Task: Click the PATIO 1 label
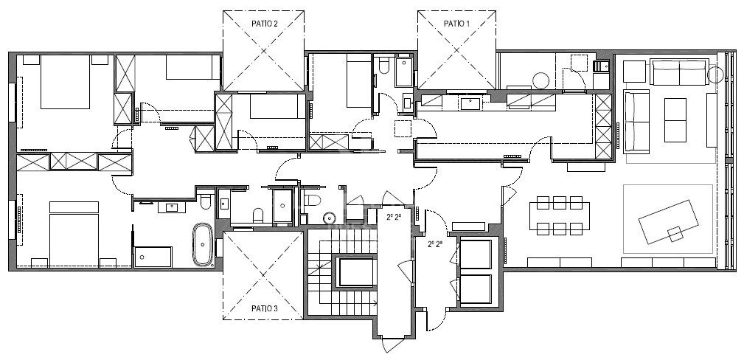pos(456,24)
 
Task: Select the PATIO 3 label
pos(264,308)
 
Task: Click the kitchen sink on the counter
pos(470,103)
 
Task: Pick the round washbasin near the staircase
pos(330,217)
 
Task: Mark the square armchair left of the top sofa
pos(634,72)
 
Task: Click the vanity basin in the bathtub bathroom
pos(171,207)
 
